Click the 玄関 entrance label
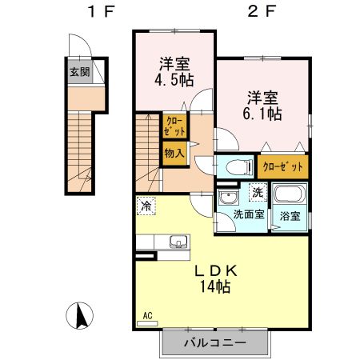click(x=80, y=72)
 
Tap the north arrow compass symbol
click(x=80, y=316)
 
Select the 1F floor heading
click(x=101, y=11)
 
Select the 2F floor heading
click(x=262, y=11)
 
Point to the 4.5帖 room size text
click(x=174, y=79)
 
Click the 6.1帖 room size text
click(x=262, y=114)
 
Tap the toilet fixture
click(x=238, y=167)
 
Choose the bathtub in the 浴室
click(x=290, y=194)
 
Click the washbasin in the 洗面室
click(x=228, y=197)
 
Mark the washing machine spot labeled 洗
click(x=258, y=192)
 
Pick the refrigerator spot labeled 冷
click(x=146, y=206)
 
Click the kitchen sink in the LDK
click(x=178, y=242)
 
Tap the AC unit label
click(x=147, y=316)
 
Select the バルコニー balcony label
click(x=215, y=342)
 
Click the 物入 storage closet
click(x=174, y=154)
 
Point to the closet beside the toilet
click(x=283, y=166)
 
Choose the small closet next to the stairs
click(x=174, y=126)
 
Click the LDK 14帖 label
click(x=215, y=279)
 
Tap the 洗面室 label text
click(x=249, y=214)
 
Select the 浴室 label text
click(x=290, y=216)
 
